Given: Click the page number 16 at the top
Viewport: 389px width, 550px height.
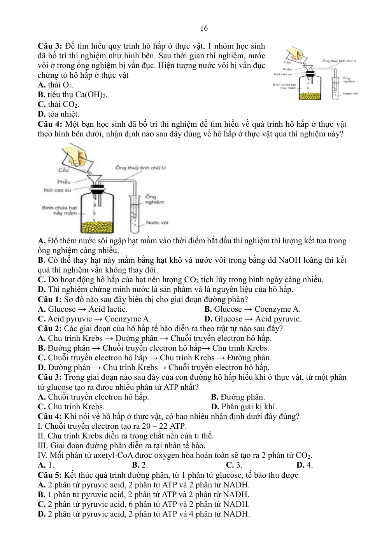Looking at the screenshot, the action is click(x=204, y=28).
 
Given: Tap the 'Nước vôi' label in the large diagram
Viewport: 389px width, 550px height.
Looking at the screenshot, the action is click(x=157, y=223).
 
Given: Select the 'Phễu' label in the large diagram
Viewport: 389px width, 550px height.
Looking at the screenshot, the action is click(x=64, y=182).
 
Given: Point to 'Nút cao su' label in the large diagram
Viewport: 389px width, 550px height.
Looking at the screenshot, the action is click(x=58, y=190).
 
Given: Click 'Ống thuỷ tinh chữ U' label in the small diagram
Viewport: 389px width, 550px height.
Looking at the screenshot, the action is click(x=339, y=61).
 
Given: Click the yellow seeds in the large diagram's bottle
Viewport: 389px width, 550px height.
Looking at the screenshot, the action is click(x=98, y=227).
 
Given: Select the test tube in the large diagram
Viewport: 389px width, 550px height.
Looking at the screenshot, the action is click(x=135, y=214).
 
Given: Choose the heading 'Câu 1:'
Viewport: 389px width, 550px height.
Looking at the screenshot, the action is click(x=50, y=299).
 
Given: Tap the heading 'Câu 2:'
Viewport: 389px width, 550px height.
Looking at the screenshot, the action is click(x=50, y=328).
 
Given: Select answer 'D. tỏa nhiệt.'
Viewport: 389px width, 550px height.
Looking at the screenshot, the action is click(x=58, y=114).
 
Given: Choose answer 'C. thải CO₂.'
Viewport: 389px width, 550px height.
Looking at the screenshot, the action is click(x=58, y=104).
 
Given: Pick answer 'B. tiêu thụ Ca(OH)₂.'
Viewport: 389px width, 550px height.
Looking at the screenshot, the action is click(x=72, y=95).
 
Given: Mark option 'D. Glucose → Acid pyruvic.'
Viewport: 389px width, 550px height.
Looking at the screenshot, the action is click(x=253, y=319).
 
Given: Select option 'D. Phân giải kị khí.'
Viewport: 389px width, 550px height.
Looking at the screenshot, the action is click(x=244, y=407).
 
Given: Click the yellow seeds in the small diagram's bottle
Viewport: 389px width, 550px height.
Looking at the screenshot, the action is click(x=310, y=96).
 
